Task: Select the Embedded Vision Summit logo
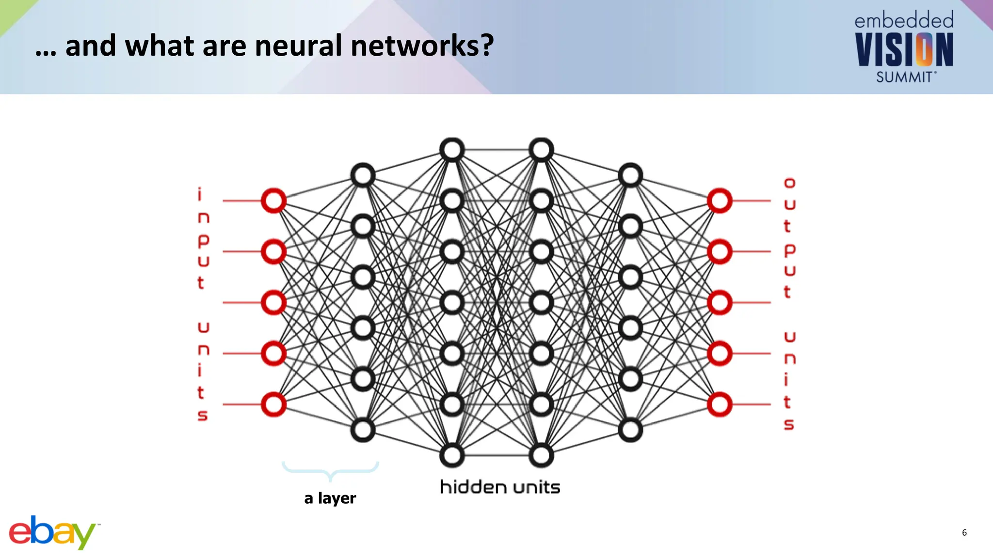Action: point(904,47)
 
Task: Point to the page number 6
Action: point(964,533)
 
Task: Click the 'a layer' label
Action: point(330,498)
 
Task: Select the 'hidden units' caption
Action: point(500,487)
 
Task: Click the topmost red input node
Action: point(273,201)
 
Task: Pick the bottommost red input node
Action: point(273,404)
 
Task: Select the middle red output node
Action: point(720,303)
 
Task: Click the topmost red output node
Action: point(720,201)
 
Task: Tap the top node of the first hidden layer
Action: point(363,175)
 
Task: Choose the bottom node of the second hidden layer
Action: point(452,455)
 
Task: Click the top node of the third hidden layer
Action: point(541,150)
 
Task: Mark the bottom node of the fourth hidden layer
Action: point(630,430)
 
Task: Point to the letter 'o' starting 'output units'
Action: point(789,183)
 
